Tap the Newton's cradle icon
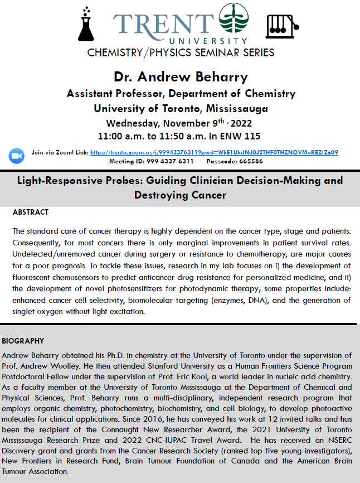pos(282,25)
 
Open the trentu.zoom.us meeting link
pos(214,152)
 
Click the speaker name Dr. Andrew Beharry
pos(181,76)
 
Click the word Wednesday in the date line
pos(134,122)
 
